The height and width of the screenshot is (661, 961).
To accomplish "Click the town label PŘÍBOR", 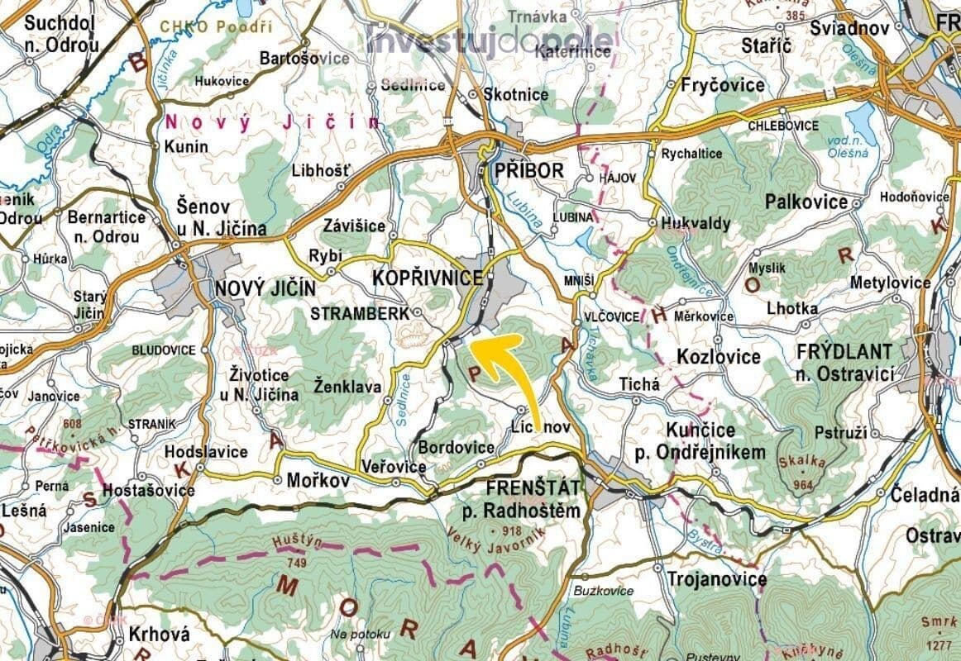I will pos(528,171).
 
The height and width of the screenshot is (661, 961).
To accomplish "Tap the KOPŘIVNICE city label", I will pos(427,278).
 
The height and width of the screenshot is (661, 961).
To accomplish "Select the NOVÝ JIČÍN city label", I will pos(265,288).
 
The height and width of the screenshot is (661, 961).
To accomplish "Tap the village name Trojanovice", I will pos(716,579).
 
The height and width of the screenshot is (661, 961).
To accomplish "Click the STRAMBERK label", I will pos(360,314).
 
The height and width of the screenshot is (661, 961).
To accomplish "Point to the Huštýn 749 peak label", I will pos(293,552).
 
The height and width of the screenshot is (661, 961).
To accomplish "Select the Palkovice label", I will pos(806,202).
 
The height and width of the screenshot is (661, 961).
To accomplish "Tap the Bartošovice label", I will pos(293,59).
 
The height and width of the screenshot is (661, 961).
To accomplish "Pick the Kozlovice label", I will pos(719,357).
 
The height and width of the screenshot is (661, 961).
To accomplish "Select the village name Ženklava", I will pos(348,385).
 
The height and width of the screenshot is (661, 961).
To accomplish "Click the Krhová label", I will pos(160,635).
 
